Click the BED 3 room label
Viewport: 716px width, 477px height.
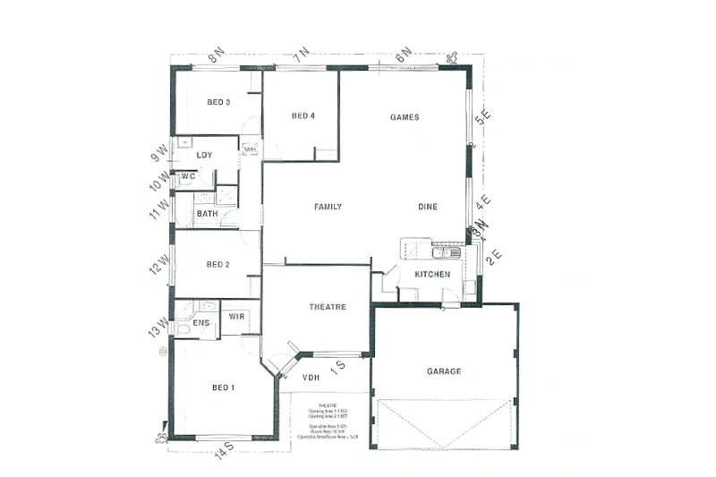click(x=219, y=102)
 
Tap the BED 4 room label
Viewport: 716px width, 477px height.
click(x=303, y=115)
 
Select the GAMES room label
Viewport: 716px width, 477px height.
click(x=405, y=117)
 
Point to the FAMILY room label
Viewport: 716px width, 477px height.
click(x=328, y=207)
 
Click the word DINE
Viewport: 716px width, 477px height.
click(x=428, y=207)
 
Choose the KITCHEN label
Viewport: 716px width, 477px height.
click(x=432, y=274)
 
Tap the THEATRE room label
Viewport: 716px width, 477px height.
click(x=328, y=307)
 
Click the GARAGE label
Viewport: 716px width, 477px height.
click(x=444, y=371)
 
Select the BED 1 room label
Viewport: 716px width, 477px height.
click(x=223, y=388)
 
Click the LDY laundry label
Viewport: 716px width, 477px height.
click(x=205, y=156)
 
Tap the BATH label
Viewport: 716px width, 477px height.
click(x=208, y=214)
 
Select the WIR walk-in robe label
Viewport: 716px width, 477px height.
click(x=237, y=317)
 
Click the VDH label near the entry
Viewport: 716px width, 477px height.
click(x=311, y=377)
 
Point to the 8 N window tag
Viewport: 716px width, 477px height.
click(x=216, y=56)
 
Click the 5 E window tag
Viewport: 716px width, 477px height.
click(x=482, y=116)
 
